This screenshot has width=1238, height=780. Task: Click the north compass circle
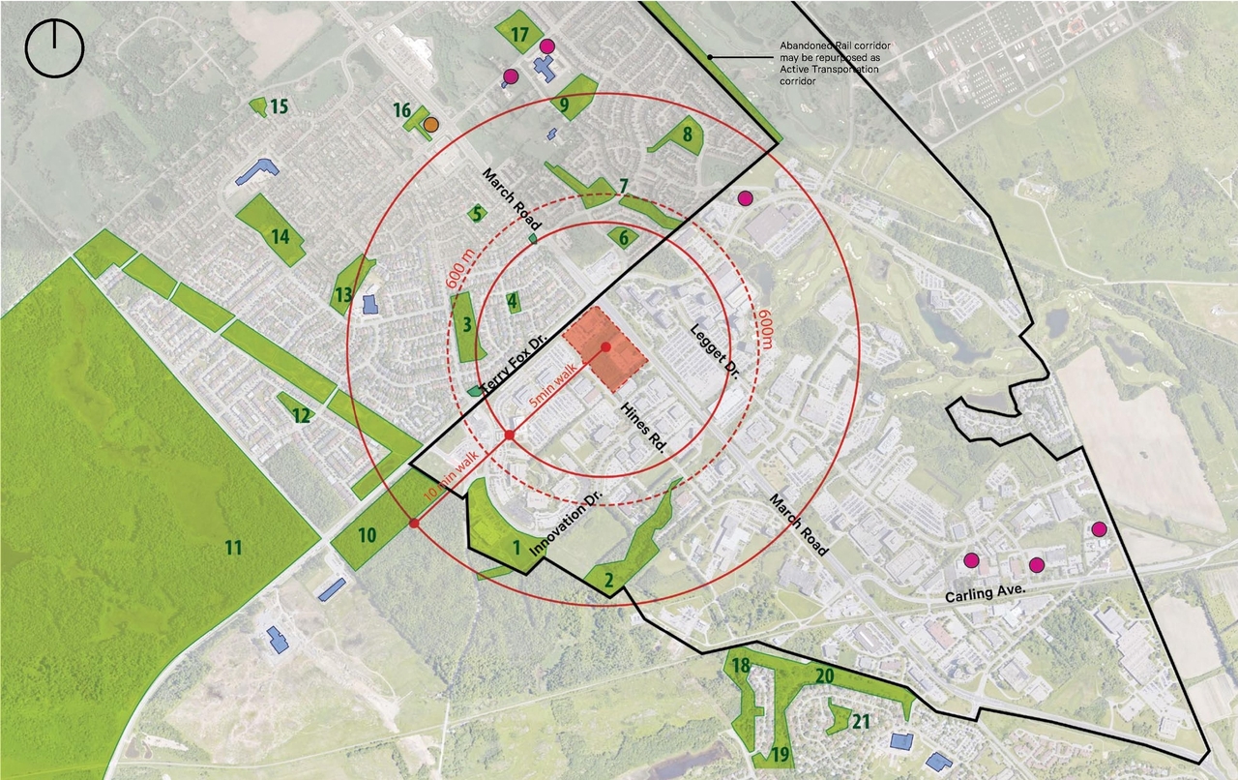[x=55, y=48]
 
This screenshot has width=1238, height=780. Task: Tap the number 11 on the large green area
[x=233, y=549]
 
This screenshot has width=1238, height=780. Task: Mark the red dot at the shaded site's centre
[x=605, y=347]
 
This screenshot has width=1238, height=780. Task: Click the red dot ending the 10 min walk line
[x=414, y=524]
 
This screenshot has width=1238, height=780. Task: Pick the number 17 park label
[x=520, y=35]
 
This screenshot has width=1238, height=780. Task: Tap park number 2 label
[x=608, y=581]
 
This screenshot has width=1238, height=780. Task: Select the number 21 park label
[x=861, y=721]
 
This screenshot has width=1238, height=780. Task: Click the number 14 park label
[x=280, y=235]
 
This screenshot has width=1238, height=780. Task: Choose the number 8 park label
[x=687, y=135]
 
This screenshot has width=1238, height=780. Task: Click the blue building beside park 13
[x=368, y=304]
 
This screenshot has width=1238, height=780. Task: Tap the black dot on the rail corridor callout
[x=710, y=57]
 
